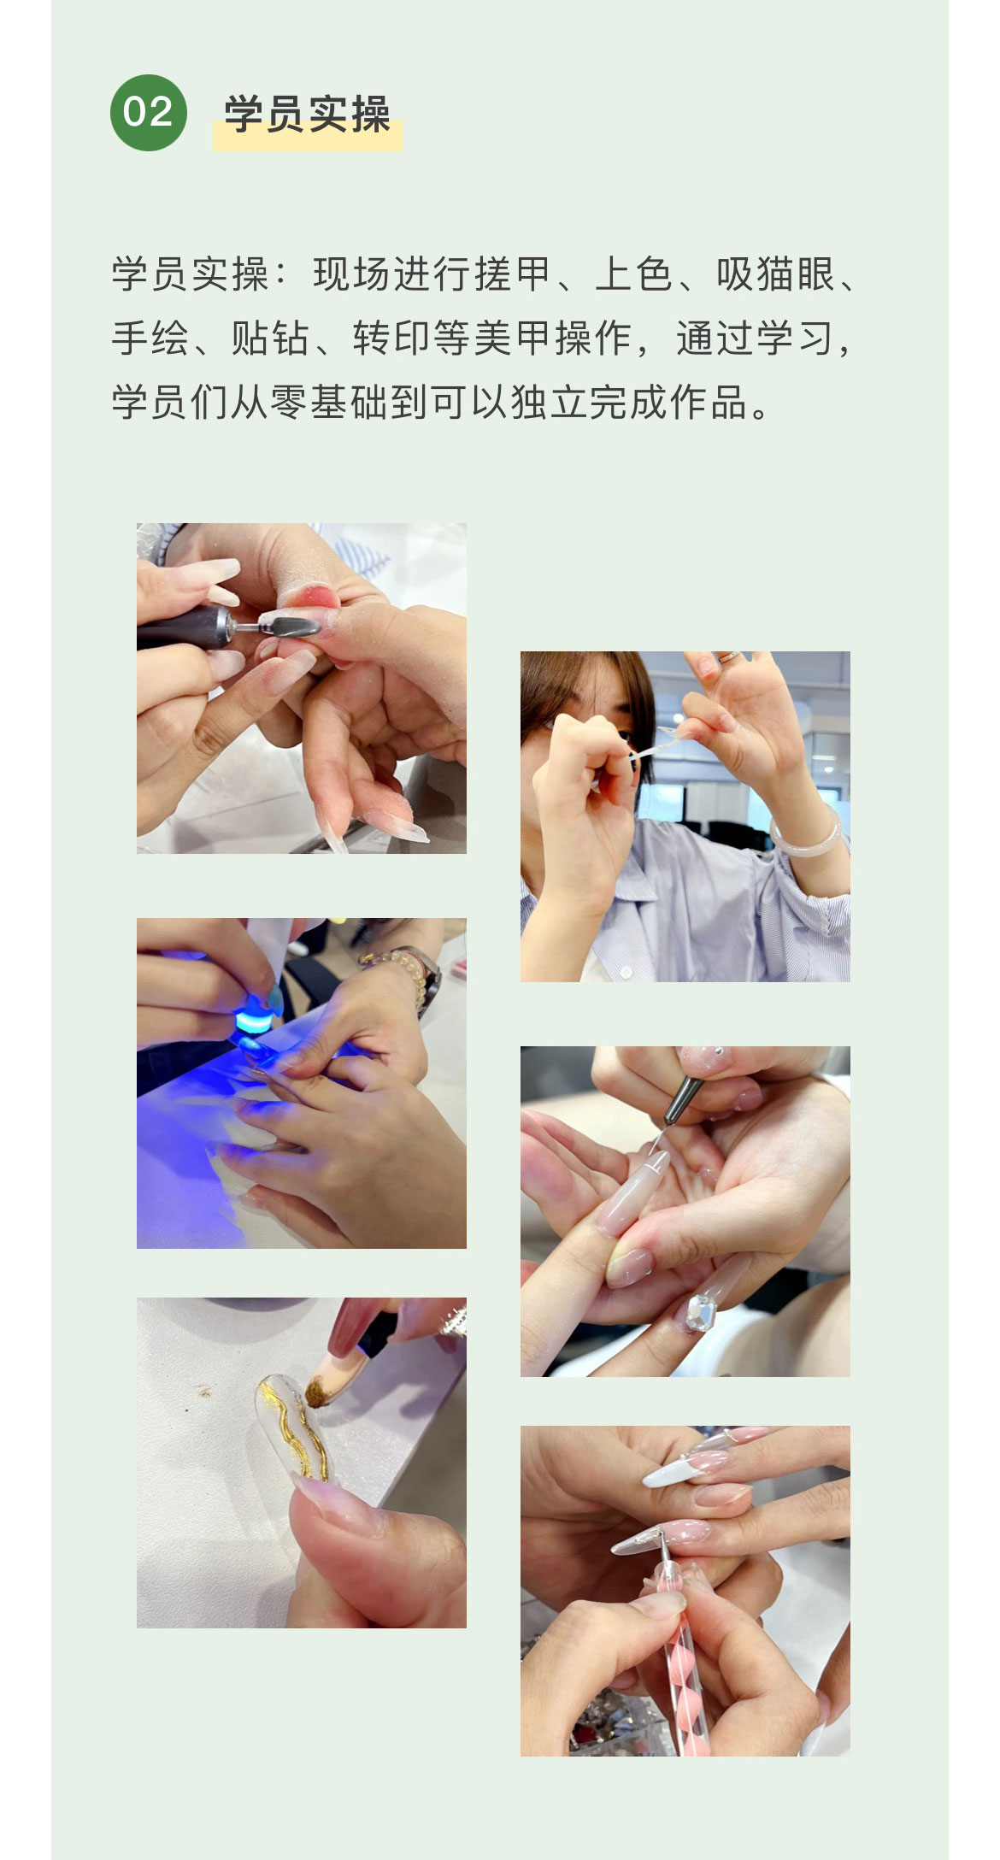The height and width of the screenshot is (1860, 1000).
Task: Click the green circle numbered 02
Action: (148, 113)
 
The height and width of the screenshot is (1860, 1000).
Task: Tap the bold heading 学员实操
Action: (308, 115)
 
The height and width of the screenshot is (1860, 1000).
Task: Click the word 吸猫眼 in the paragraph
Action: (775, 274)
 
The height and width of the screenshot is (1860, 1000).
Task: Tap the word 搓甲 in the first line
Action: (512, 274)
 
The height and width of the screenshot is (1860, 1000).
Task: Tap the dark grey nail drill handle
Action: (184, 628)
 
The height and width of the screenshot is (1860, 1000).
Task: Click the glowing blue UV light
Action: (257, 1021)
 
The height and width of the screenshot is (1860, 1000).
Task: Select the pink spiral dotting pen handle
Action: (679, 1658)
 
